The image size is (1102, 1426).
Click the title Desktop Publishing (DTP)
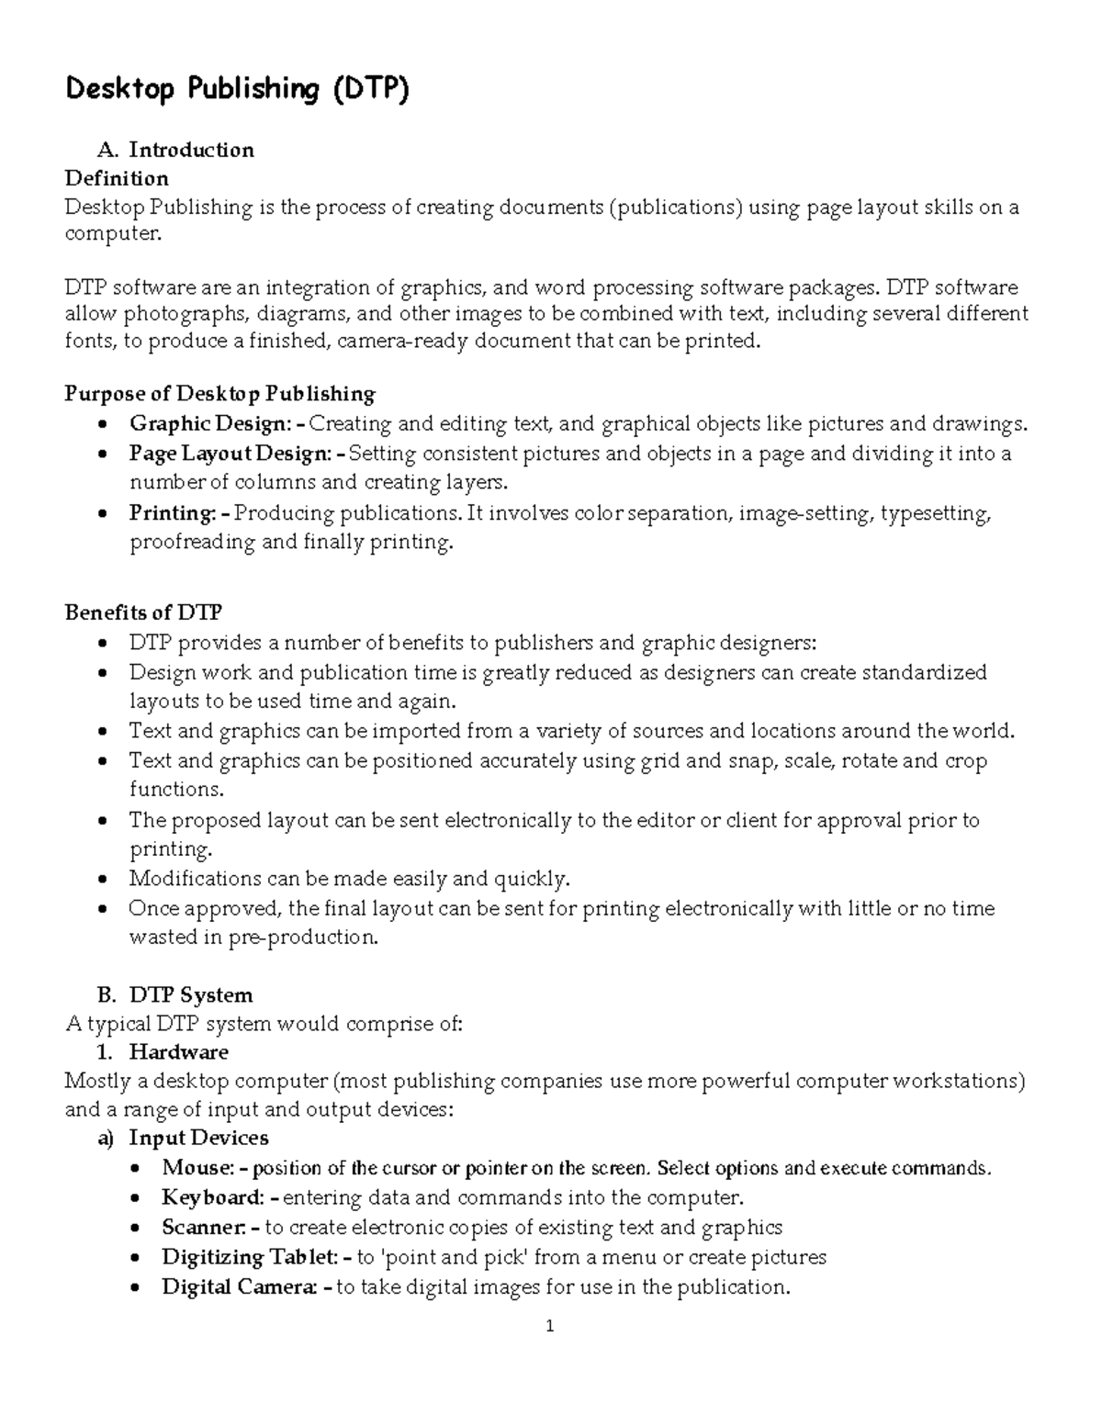[237, 90]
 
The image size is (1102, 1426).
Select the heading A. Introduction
[174, 150]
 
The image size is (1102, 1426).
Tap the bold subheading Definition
[117, 178]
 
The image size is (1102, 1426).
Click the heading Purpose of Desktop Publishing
[219, 394]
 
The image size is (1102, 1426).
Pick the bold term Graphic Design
[209, 424]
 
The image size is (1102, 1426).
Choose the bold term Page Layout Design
[229, 454]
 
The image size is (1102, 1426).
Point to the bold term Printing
[172, 512]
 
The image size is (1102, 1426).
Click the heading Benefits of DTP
[143, 612]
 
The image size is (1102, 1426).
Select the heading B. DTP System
[174, 995]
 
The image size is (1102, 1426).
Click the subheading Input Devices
[198, 1138]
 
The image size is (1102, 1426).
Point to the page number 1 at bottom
[550, 1326]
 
